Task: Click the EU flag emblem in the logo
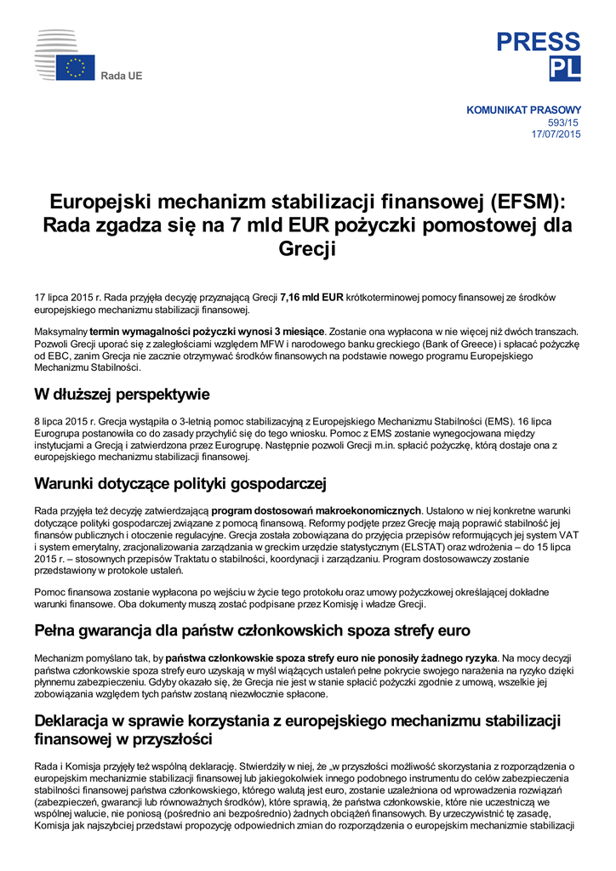coord(76,68)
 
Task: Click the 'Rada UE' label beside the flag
coord(122,77)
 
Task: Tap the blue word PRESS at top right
coord(538,42)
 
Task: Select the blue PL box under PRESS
coord(565,70)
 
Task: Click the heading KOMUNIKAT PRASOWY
coord(524,110)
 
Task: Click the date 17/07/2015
coord(556,134)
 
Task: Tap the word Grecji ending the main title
coord(308,250)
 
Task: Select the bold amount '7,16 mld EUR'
coord(311,297)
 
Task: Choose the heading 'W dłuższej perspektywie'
coord(122,395)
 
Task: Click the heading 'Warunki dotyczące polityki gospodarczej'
coord(180,484)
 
